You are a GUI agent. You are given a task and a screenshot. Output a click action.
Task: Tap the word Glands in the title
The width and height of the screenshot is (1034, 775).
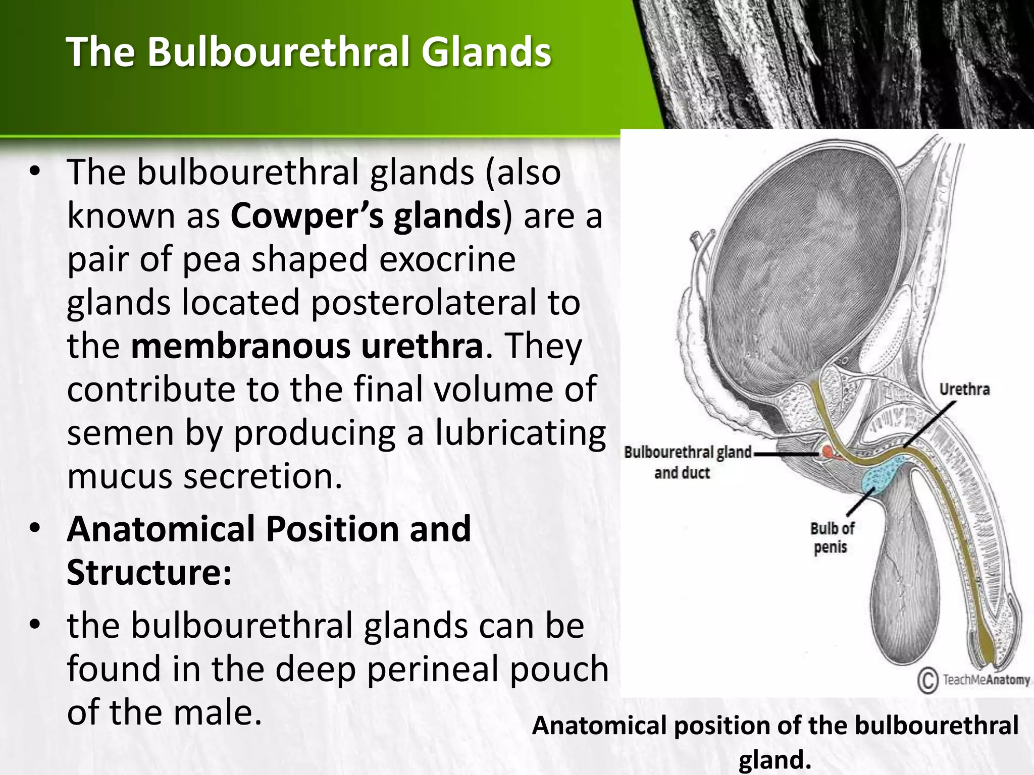click(486, 52)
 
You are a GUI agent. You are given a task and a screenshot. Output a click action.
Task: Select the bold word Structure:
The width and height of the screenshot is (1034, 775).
click(149, 573)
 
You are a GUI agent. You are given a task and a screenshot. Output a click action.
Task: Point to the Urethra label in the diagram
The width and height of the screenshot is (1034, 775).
click(964, 390)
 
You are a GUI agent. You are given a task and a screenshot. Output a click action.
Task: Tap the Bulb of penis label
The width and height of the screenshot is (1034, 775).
click(832, 538)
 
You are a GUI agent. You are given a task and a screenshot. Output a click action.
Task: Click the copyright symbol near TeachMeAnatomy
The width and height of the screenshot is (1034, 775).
click(927, 681)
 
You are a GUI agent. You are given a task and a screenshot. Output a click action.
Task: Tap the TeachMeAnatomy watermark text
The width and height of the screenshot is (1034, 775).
click(986, 680)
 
